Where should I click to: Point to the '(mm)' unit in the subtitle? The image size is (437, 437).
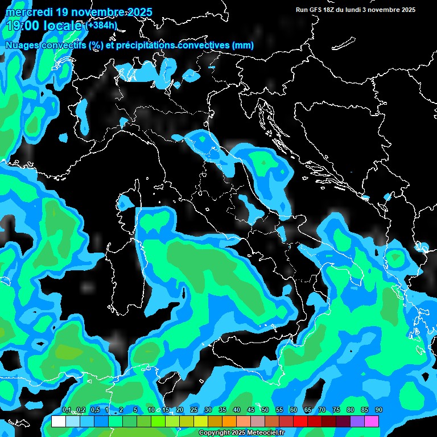[x=242, y=45]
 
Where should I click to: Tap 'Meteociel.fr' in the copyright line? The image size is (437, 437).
[x=274, y=433]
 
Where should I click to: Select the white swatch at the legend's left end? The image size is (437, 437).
[x=58, y=422]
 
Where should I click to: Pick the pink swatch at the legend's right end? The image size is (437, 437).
[x=372, y=422]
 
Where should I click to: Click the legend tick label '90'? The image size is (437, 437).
[x=379, y=410]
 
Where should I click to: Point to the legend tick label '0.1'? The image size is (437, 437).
[x=66, y=410]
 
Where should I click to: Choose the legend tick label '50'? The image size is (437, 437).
[x=265, y=410]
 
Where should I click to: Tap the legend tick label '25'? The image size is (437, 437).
[x=193, y=410]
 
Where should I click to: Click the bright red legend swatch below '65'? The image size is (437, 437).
[x=300, y=422]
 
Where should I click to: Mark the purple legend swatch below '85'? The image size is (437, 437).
[x=357, y=422]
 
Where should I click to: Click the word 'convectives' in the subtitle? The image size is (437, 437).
[x=196, y=45]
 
